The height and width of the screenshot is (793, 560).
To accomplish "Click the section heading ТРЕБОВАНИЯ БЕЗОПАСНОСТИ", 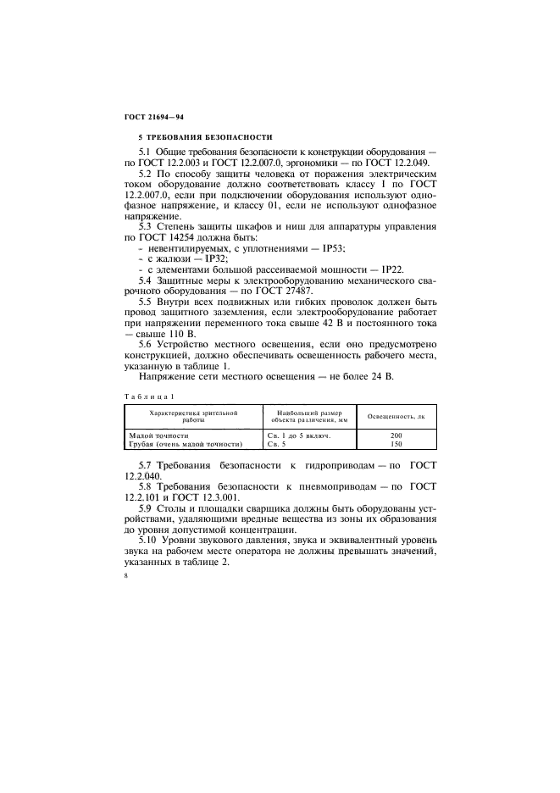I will point(202,137).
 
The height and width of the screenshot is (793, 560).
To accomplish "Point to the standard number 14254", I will point(194,237).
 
